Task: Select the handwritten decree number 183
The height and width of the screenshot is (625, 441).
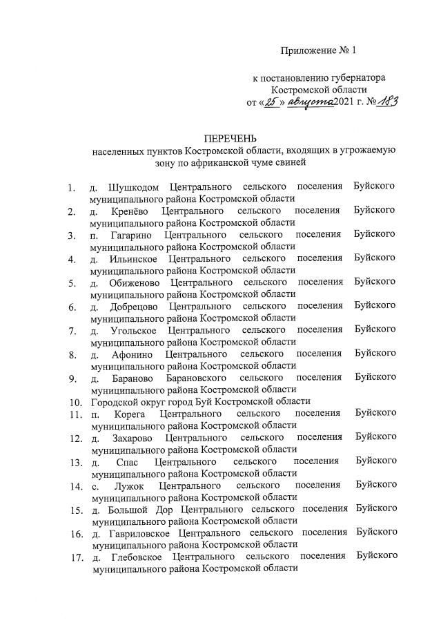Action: click(386, 101)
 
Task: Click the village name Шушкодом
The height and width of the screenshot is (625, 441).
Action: click(134, 187)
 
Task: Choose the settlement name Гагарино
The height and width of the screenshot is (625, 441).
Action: click(131, 235)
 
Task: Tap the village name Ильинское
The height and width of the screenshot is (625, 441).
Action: click(134, 258)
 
